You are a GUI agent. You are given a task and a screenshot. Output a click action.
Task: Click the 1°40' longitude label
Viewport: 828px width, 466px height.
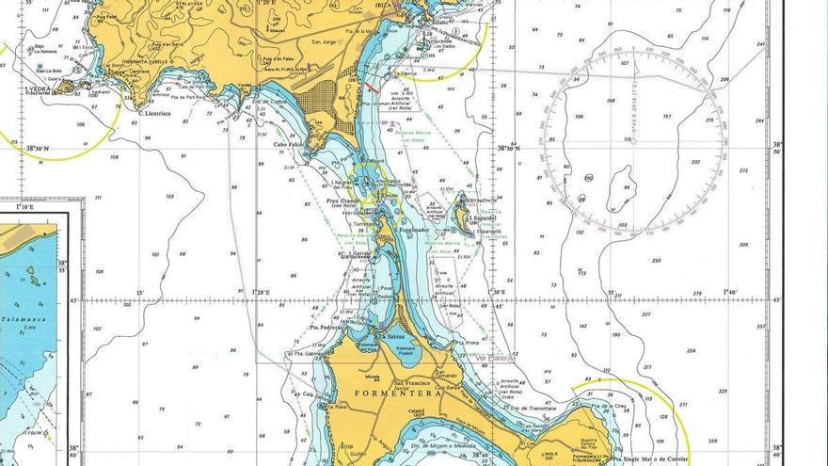tap(730, 293)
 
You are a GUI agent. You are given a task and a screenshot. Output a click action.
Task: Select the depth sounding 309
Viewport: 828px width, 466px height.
tap(743, 245)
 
